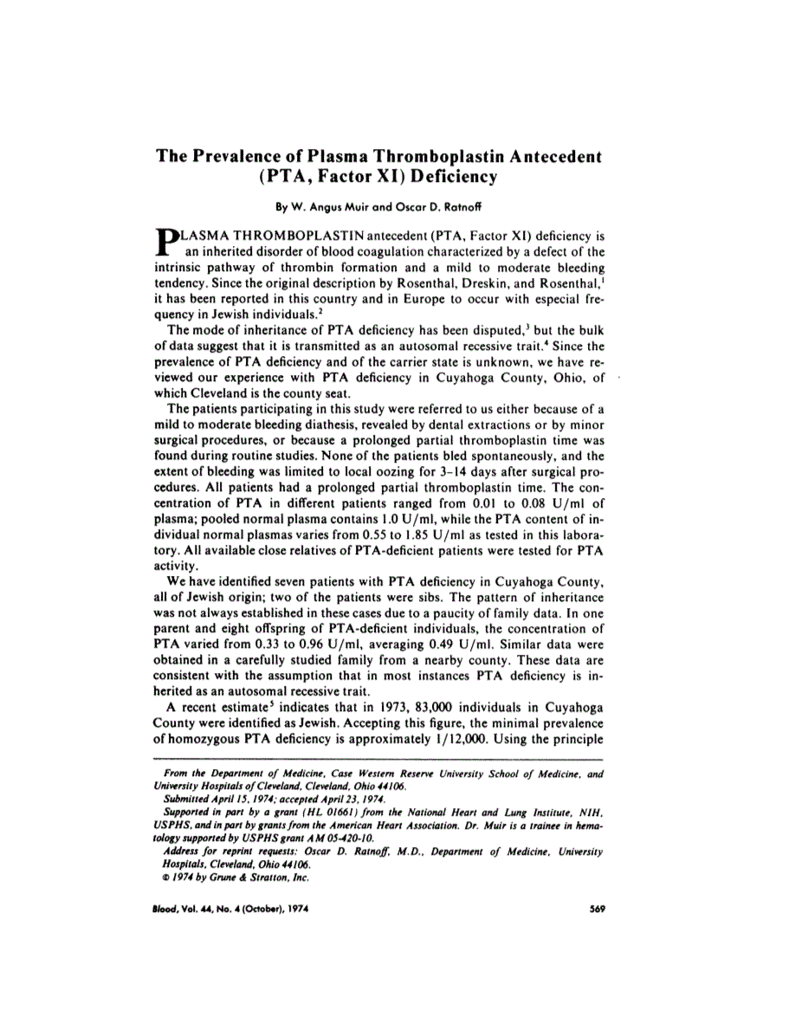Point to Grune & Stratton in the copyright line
click(255, 876)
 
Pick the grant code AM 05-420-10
click(320, 838)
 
